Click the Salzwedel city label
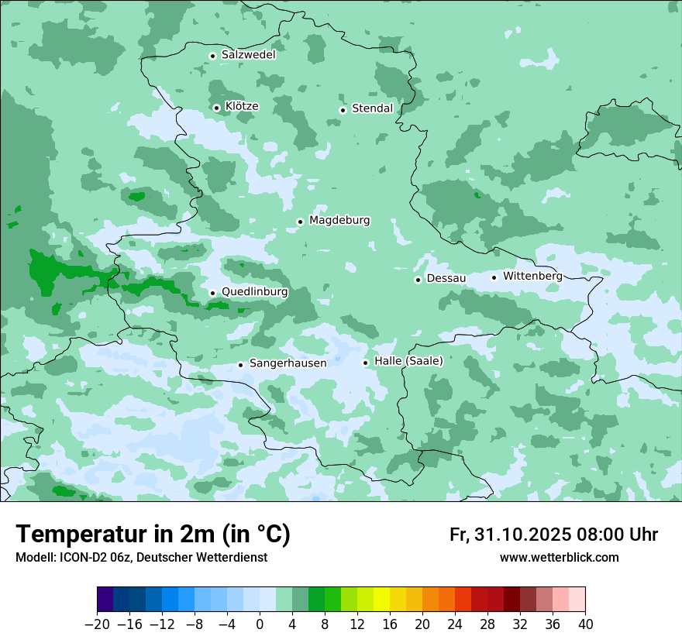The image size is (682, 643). pyautogui.click(x=248, y=55)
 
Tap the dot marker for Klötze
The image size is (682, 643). pyautogui.click(x=216, y=108)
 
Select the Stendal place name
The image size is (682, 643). pyautogui.click(x=372, y=108)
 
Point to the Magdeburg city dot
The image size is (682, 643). pyautogui.click(x=300, y=222)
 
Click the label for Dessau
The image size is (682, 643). pyautogui.click(x=446, y=278)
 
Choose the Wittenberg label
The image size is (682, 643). pyautogui.click(x=532, y=276)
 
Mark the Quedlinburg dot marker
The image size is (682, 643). pyautogui.click(x=212, y=293)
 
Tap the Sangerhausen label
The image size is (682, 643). pyautogui.click(x=288, y=363)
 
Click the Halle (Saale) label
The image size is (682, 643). pyautogui.click(x=408, y=361)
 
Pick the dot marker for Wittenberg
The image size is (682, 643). pyautogui.click(x=494, y=277)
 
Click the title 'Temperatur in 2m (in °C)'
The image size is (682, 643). pyautogui.click(x=153, y=535)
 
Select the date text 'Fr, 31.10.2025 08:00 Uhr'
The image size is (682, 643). pyautogui.click(x=553, y=535)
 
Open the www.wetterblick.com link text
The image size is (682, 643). pyautogui.click(x=559, y=557)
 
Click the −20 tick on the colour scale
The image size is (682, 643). pyautogui.click(x=97, y=624)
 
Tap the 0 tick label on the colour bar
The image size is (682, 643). pyautogui.click(x=260, y=624)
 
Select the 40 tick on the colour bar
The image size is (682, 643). pyautogui.click(x=585, y=624)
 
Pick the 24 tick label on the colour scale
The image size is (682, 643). pyautogui.click(x=455, y=624)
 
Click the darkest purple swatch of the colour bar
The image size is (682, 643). pyautogui.click(x=105, y=600)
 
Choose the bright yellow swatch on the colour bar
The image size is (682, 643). pyautogui.click(x=381, y=600)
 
